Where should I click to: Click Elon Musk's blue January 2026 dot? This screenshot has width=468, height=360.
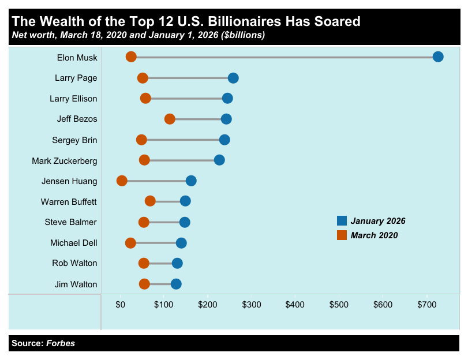point(438,57)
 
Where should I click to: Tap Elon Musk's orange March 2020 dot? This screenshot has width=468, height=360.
point(131,57)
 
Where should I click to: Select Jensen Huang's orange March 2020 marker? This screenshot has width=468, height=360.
point(122,181)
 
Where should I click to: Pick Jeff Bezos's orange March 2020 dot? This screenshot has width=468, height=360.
point(170,119)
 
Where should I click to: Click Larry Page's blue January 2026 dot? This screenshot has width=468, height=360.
point(233,78)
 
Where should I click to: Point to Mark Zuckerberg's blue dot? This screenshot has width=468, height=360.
point(219,160)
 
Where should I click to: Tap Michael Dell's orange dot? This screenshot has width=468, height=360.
point(130,243)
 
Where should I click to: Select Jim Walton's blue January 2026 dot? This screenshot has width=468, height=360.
point(176,284)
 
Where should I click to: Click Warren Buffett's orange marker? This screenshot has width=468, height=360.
point(150,201)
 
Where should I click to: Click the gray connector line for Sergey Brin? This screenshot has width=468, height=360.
point(183,140)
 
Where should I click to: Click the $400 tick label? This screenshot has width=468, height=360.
point(295,304)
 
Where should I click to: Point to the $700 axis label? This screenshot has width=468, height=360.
point(426,304)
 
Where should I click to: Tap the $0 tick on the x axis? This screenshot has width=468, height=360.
point(121,304)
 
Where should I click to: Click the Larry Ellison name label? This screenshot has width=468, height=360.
point(73,99)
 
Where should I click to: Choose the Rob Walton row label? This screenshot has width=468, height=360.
point(74,263)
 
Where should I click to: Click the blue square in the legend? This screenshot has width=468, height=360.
point(342,220)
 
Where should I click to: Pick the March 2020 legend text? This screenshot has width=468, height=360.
point(374,235)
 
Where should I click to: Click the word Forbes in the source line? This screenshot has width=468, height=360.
point(61,343)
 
